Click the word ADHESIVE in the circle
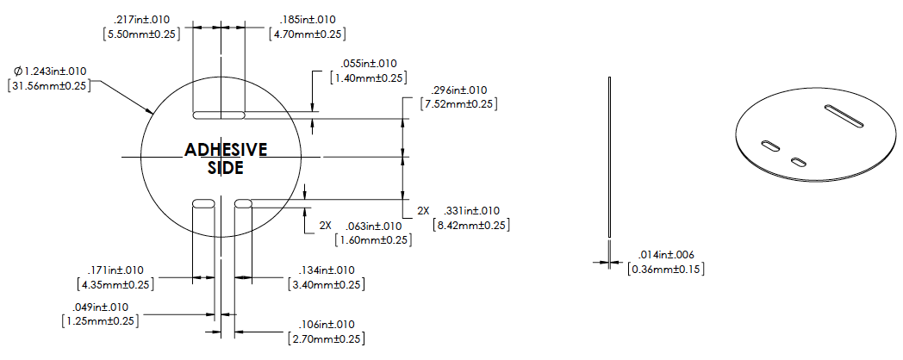pyautogui.click(x=226, y=150)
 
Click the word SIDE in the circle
pyautogui.click(x=225, y=168)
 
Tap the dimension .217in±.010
pyautogui.click(x=141, y=20)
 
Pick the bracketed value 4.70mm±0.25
pyautogui.click(x=308, y=34)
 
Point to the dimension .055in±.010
pyautogui.click(x=369, y=64)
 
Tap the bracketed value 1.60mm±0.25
pyautogui.click(x=373, y=239)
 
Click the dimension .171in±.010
pyautogui.click(x=115, y=270)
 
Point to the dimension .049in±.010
pyautogui.click(x=100, y=307)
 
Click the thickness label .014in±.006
pyautogui.click(x=666, y=255)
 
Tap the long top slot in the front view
pyautogui.click(x=219, y=115)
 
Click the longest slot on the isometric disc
pyautogui.click(x=844, y=115)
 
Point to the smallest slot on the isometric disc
pyautogui.click(x=799, y=162)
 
